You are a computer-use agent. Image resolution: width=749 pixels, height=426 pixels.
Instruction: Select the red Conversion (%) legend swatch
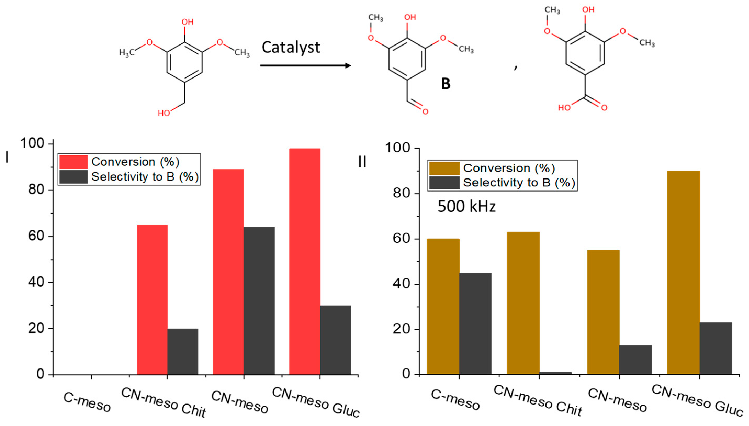[x=74, y=161]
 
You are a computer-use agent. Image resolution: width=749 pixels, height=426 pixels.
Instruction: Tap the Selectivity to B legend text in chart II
[x=519, y=183]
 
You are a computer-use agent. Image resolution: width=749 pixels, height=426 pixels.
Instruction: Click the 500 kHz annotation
[x=466, y=206]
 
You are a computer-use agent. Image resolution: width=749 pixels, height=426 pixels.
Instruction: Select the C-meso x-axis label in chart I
[x=87, y=402]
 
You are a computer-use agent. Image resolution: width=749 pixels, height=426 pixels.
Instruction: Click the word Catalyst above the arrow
[x=291, y=47]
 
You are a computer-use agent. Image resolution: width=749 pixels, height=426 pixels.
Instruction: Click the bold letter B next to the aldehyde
[x=446, y=84]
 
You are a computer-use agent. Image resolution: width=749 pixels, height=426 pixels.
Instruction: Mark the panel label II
[x=362, y=161]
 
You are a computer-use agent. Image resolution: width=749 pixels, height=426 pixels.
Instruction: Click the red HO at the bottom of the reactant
[x=164, y=113]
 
